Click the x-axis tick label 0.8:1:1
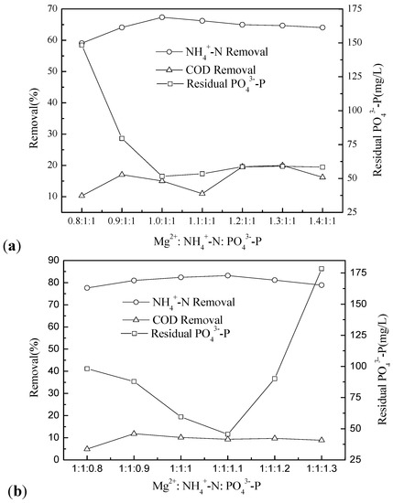tap(82, 221)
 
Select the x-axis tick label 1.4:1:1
tap(322, 221)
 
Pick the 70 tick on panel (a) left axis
tap(53, 9)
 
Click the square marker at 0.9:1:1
tap(122, 139)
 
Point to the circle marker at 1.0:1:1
tap(161, 17)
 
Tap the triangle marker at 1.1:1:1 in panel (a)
tap(202, 193)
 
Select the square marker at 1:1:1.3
tap(322, 269)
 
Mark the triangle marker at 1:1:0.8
tap(87, 448)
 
